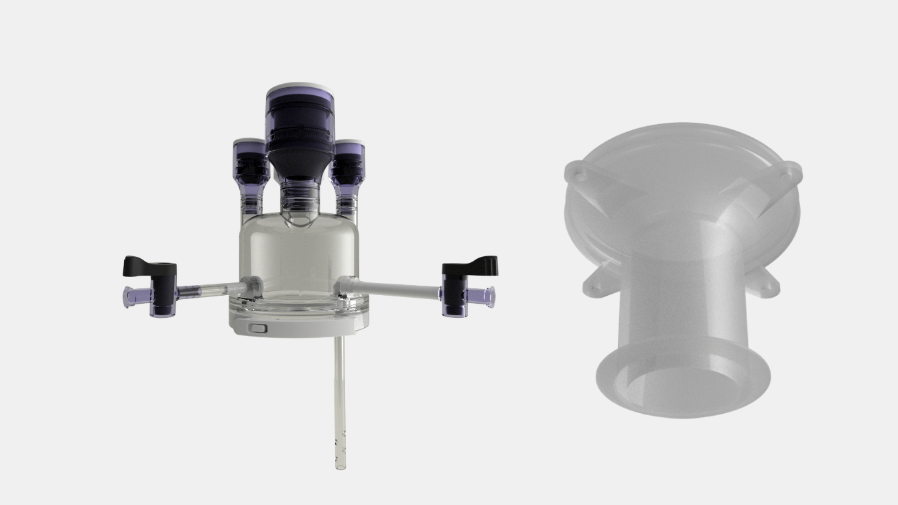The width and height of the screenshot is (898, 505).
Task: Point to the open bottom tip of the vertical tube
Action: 340,463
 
